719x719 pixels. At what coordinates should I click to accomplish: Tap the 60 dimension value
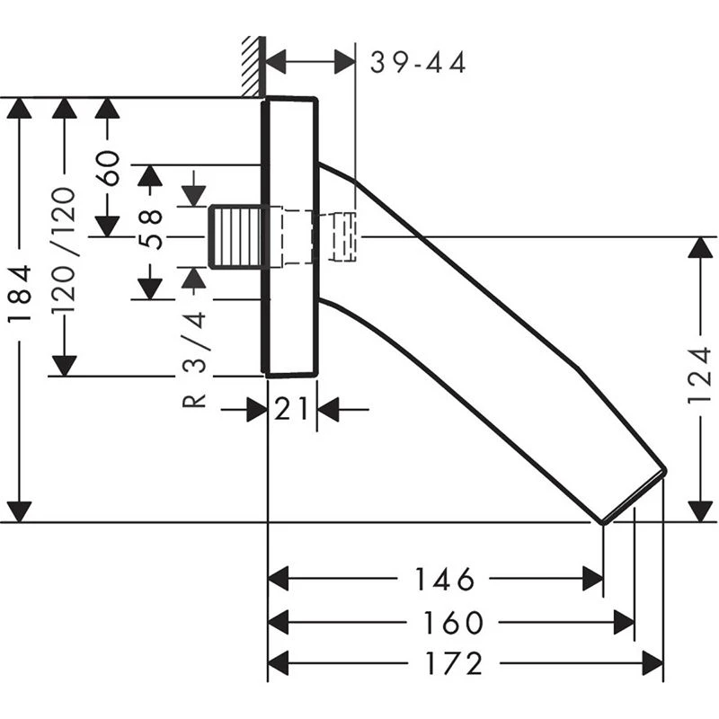(x=108, y=167)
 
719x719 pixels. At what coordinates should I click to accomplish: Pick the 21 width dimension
(x=292, y=410)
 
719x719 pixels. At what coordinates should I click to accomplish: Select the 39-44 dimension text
(x=419, y=63)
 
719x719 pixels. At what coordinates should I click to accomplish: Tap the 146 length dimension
(x=444, y=580)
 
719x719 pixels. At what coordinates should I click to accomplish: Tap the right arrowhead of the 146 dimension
(x=592, y=580)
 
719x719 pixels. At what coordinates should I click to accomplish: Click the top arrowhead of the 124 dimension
(x=700, y=248)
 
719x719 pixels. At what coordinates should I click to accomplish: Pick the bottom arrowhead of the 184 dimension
(x=20, y=510)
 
